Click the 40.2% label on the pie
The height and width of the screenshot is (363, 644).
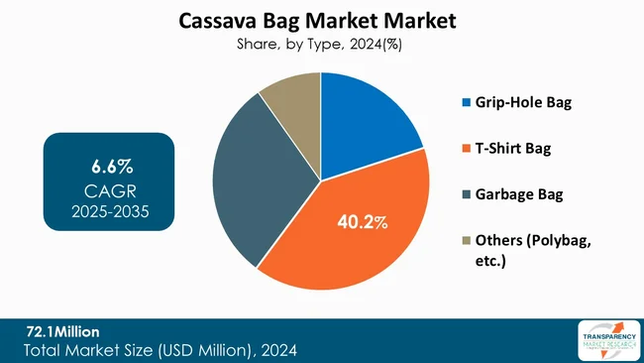point(360,222)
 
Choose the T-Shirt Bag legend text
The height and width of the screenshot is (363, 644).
point(515,149)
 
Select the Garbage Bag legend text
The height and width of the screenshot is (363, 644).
point(519,194)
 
